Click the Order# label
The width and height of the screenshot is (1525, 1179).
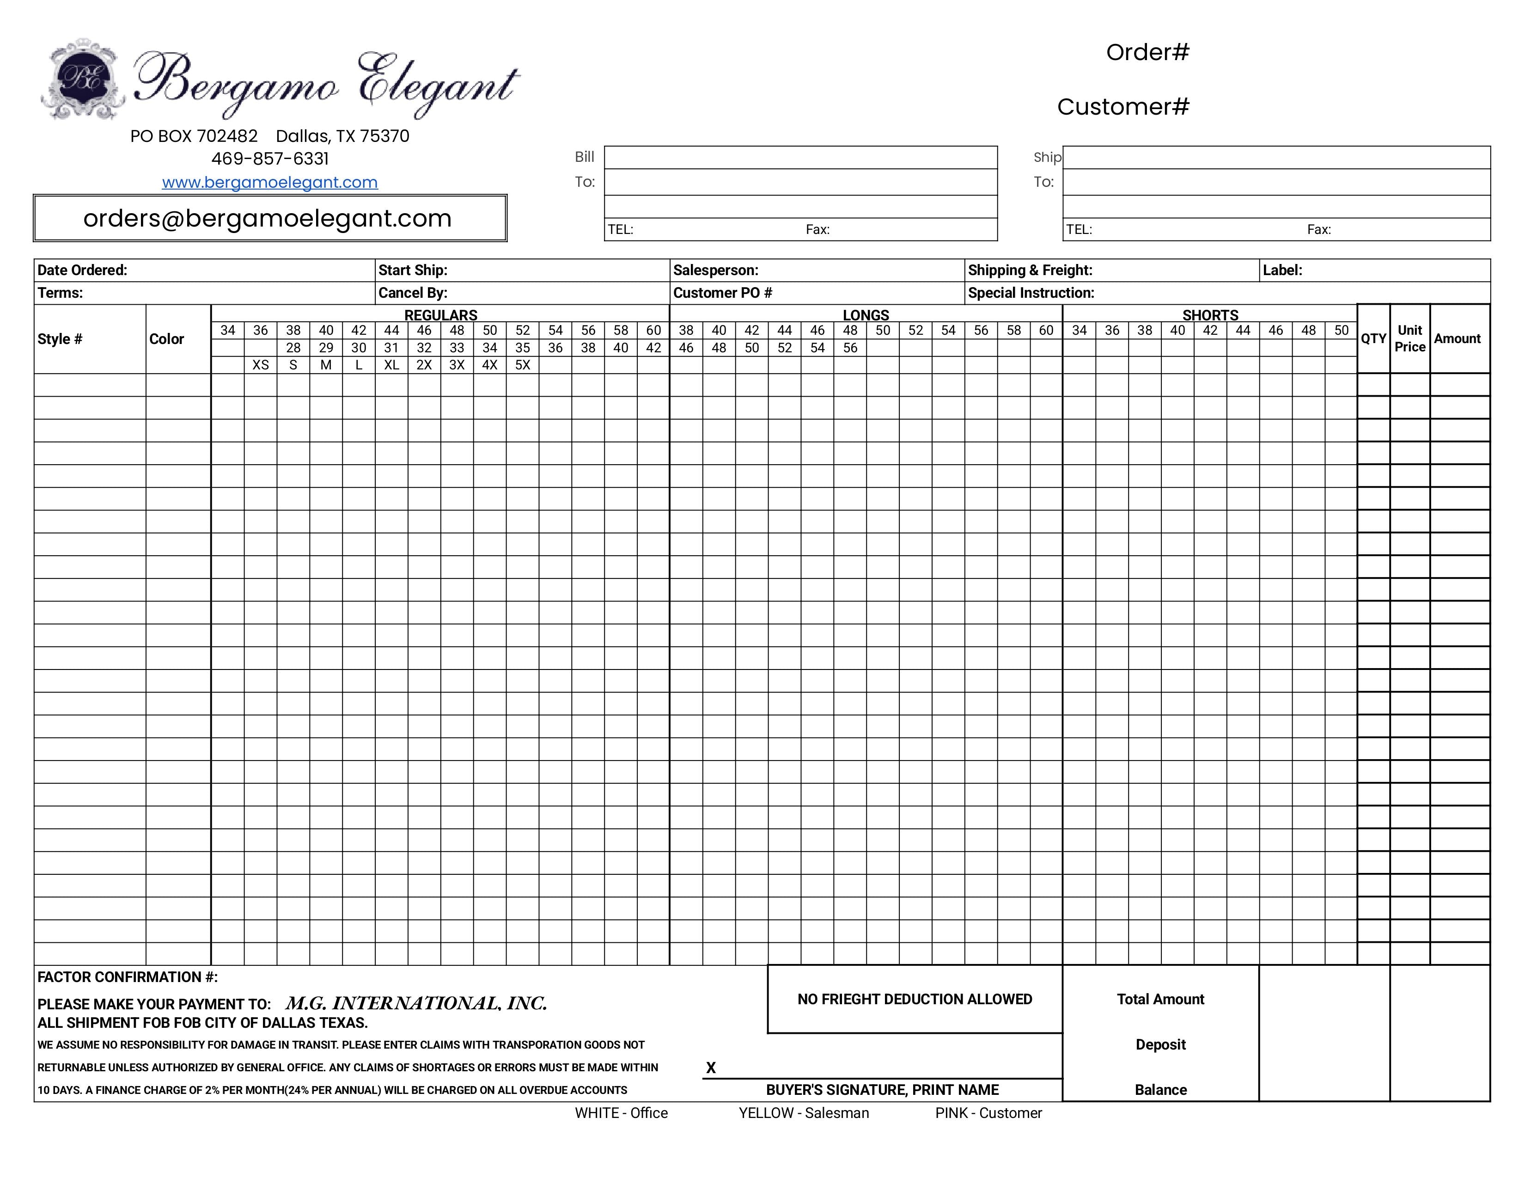(x=1147, y=52)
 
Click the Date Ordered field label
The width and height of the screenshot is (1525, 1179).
(x=82, y=270)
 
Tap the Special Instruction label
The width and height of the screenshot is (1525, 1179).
(x=1031, y=293)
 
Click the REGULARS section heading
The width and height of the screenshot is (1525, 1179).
(x=440, y=315)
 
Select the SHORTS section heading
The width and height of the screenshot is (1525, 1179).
(x=1210, y=315)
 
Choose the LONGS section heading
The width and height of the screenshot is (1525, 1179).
(x=866, y=315)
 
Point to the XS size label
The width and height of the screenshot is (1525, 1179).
(x=261, y=365)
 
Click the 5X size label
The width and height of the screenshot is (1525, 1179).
(x=522, y=365)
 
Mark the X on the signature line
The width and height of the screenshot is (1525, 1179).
(x=711, y=1067)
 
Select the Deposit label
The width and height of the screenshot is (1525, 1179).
(x=1160, y=1044)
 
